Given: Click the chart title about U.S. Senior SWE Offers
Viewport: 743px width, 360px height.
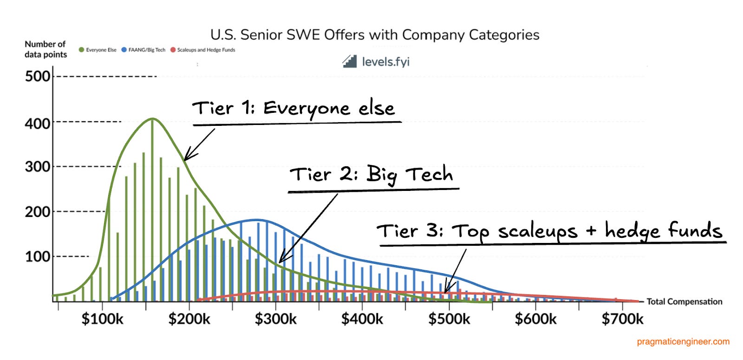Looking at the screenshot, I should (x=375, y=35).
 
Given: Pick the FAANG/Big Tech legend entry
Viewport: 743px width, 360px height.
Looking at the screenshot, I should (x=143, y=50).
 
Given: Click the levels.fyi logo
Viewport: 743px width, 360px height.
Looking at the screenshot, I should (x=376, y=61).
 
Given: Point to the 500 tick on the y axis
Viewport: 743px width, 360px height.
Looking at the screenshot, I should (x=38, y=76).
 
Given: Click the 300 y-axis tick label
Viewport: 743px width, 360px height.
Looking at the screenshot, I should (x=38, y=167).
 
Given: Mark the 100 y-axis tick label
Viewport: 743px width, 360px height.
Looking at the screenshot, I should (x=38, y=256).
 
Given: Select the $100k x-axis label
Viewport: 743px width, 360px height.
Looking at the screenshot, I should (x=102, y=319).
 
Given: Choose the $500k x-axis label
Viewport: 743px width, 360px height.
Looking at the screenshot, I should (x=449, y=319).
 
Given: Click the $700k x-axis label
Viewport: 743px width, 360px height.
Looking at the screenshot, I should (x=622, y=319).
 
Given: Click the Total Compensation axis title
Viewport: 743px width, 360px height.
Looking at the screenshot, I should (x=684, y=301).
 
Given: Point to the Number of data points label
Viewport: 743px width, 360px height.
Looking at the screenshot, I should (x=46, y=49).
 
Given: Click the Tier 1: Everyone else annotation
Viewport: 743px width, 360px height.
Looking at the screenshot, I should (x=293, y=109).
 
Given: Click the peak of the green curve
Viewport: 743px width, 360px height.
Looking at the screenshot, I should (x=152, y=119).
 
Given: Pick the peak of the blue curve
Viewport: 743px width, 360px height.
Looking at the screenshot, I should (x=257, y=220).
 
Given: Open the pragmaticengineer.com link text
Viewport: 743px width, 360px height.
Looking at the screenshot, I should (x=683, y=342).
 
